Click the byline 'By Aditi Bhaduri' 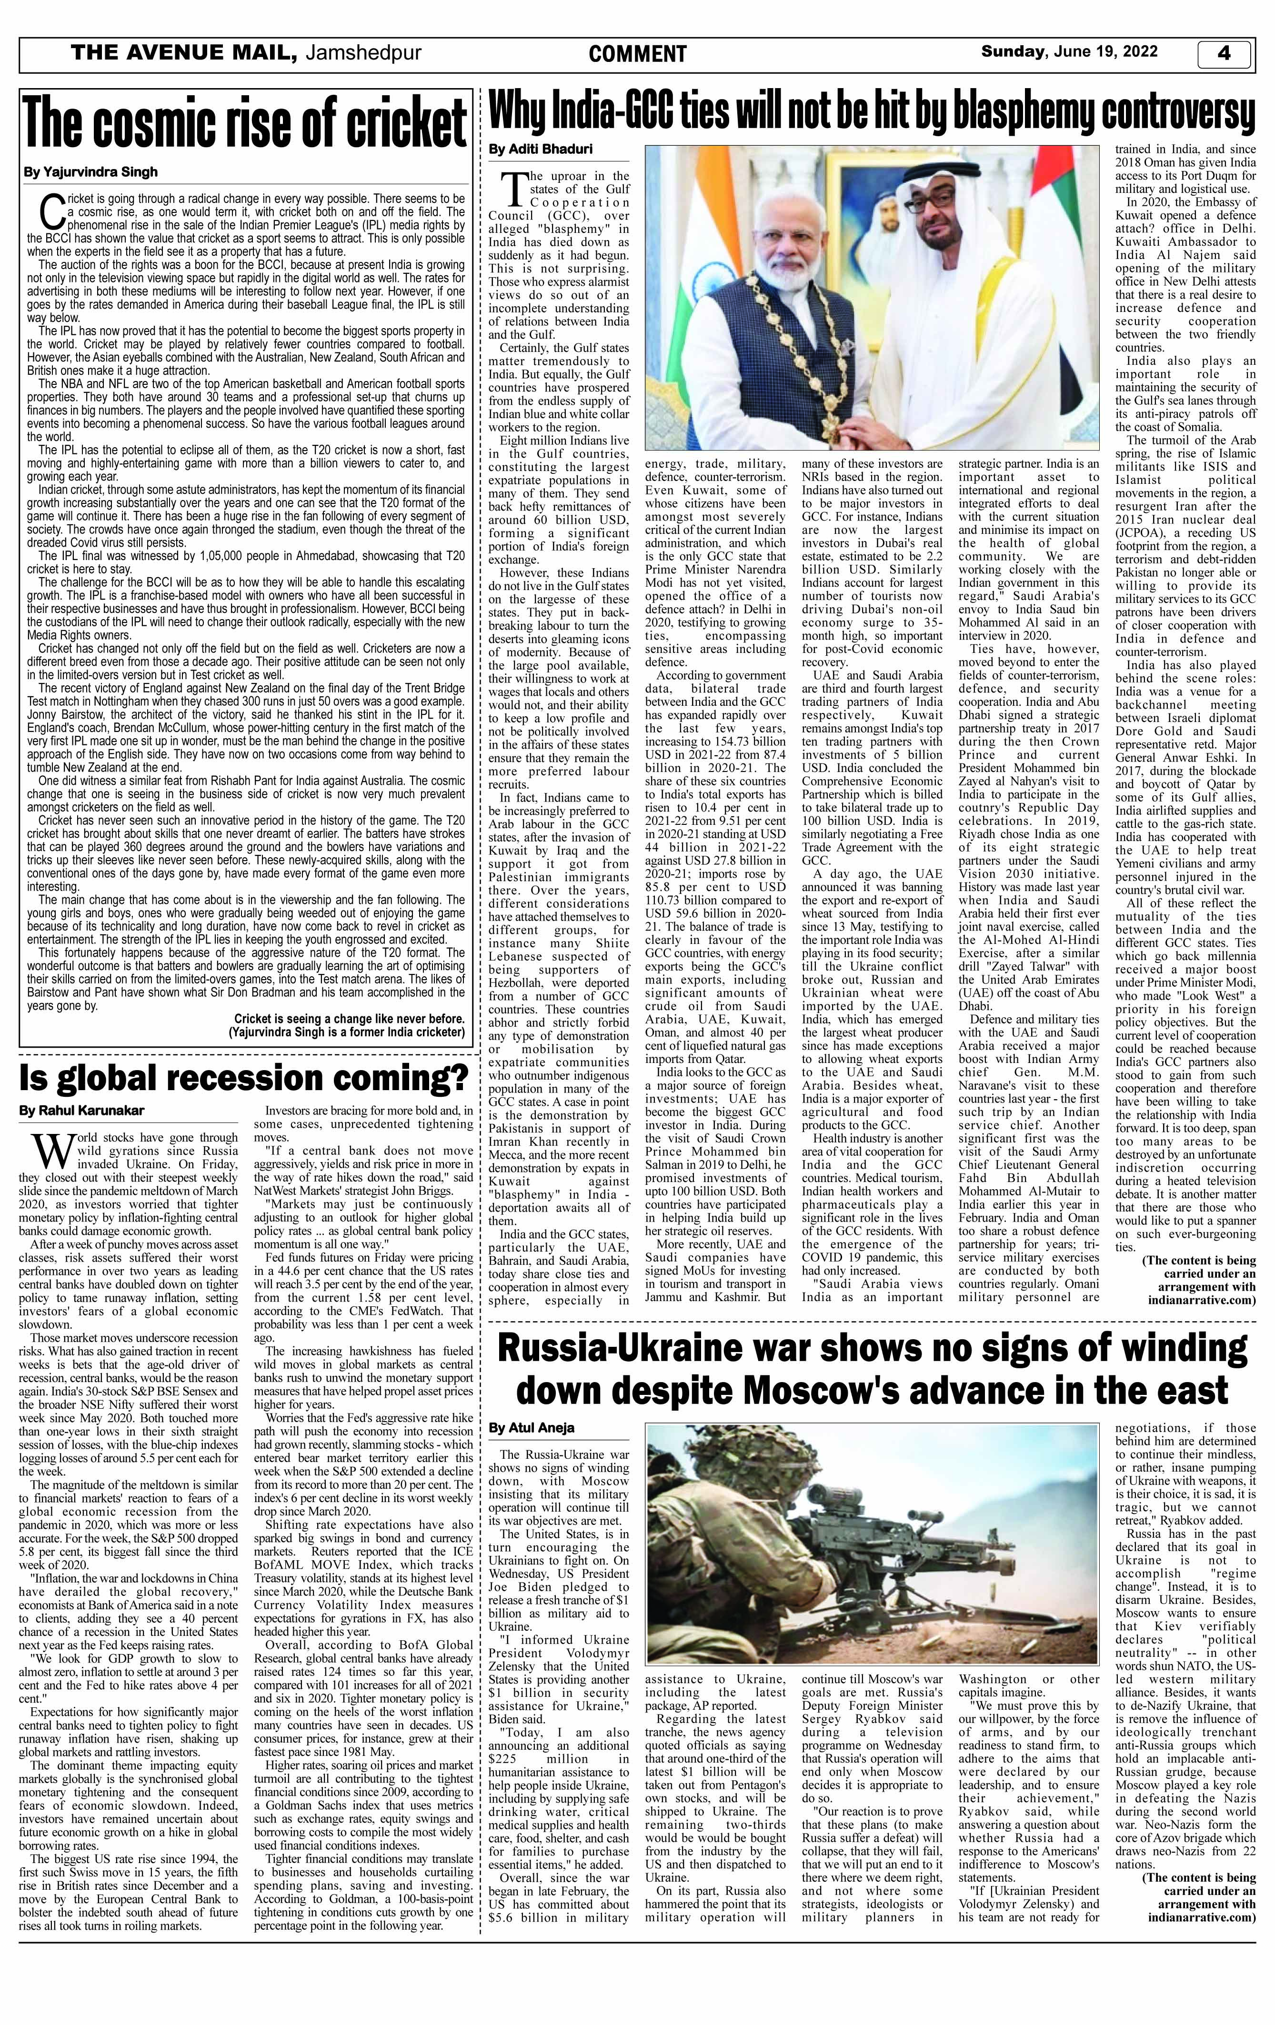click(540, 150)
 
